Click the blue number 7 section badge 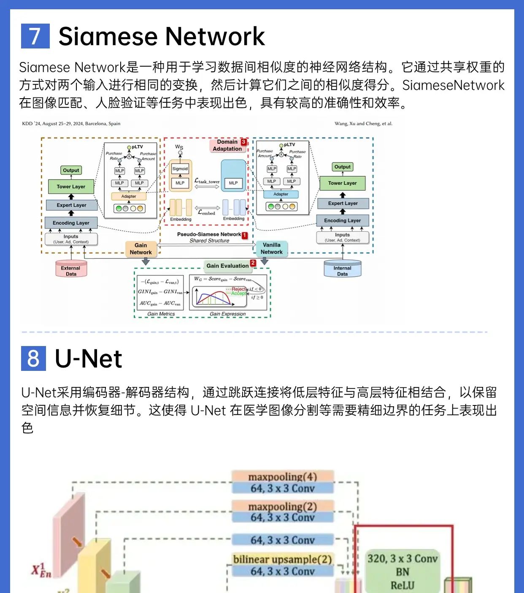[35, 36]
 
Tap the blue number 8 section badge [33, 358]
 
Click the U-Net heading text [89, 359]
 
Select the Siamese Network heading [162, 36]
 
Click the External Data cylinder [71, 269]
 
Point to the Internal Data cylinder [342, 269]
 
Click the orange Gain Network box [141, 249]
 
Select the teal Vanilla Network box [272, 248]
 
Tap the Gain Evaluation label [227, 266]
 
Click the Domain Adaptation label [227, 145]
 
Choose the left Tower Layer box [71, 186]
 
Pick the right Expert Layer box [343, 203]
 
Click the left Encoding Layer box [71, 223]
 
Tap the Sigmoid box [180, 169]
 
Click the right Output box [342, 167]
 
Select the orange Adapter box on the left [129, 196]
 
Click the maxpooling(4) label [282, 476]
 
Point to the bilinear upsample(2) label [282, 559]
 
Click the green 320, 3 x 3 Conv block [402, 572]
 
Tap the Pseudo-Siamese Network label [209, 234]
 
